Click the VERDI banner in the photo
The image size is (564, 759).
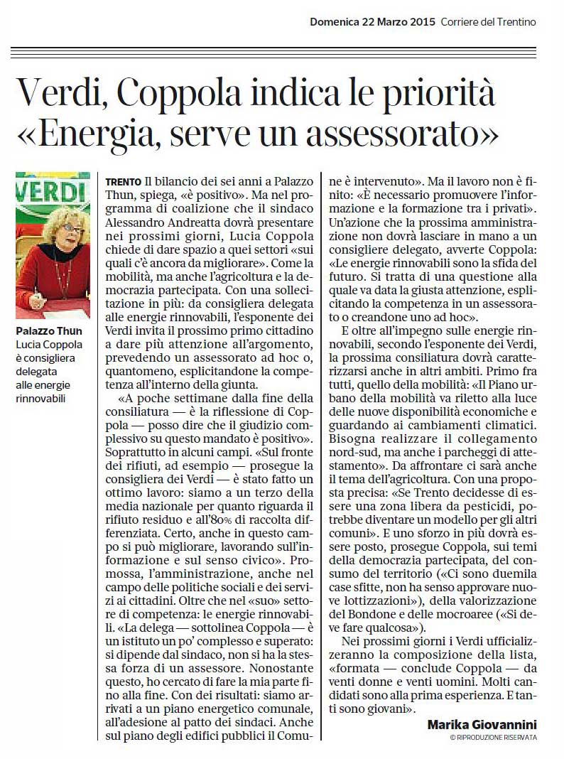(x=53, y=192)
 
